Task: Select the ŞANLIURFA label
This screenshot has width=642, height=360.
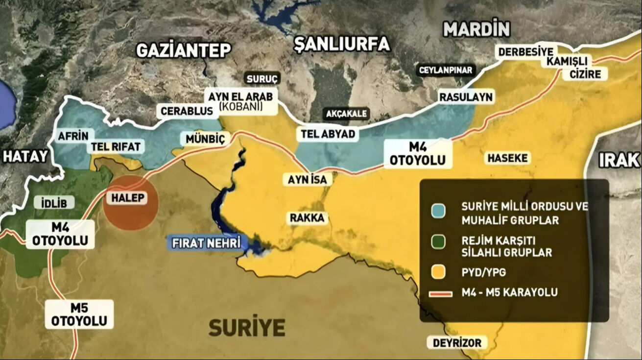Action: click(x=342, y=45)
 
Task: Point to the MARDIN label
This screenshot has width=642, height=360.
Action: click(x=476, y=29)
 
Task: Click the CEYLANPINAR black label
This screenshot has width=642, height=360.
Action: click(x=446, y=71)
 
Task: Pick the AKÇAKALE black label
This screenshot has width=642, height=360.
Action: click(x=347, y=114)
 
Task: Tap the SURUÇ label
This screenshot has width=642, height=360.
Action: click(x=262, y=78)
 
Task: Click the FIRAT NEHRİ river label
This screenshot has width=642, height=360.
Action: click(x=205, y=242)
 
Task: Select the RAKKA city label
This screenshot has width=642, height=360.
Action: click(x=308, y=218)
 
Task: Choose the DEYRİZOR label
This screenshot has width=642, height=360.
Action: click(x=457, y=342)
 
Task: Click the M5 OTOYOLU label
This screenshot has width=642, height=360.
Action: click(x=79, y=314)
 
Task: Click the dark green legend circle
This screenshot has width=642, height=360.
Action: click(x=438, y=242)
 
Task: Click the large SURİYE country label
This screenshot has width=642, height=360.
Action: click(x=247, y=327)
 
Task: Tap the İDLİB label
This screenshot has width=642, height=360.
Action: click(x=51, y=203)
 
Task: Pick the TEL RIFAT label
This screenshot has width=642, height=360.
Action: click(x=116, y=146)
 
